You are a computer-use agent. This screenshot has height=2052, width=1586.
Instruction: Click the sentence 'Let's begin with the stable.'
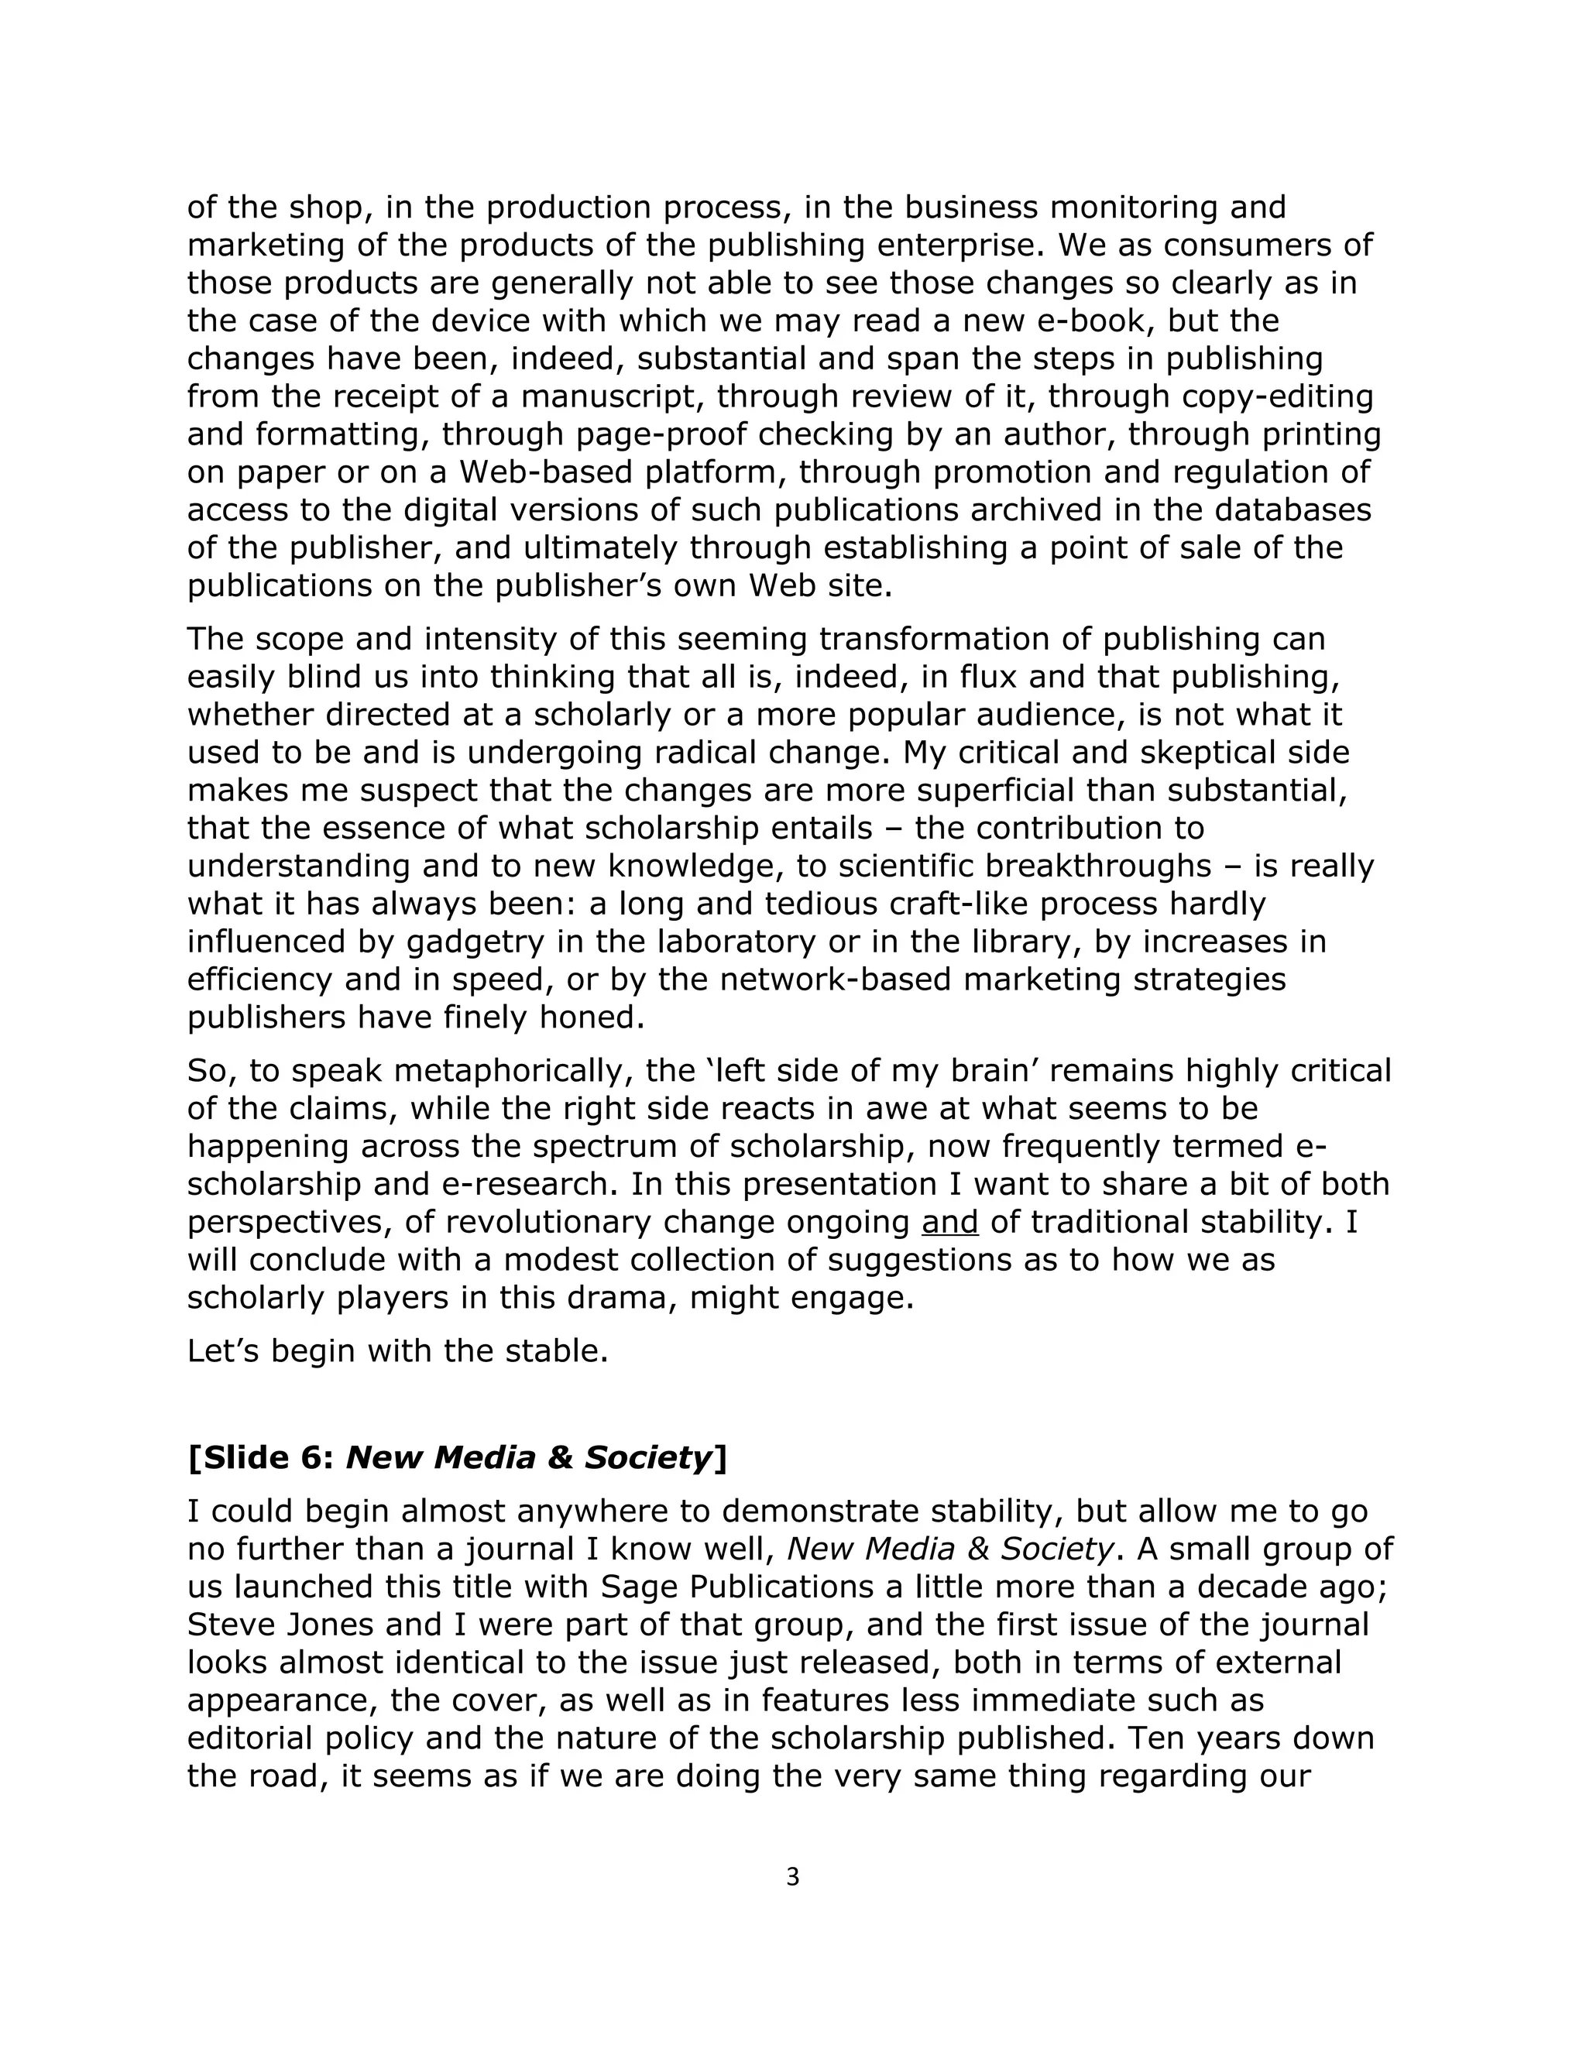click(x=397, y=1351)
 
